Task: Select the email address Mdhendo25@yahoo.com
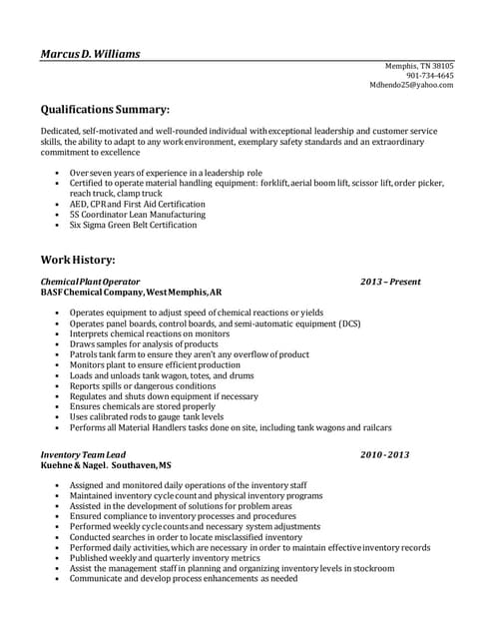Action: pyautogui.click(x=411, y=86)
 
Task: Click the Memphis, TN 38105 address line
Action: pyautogui.click(x=419, y=66)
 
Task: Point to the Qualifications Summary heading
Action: pyautogui.click(x=105, y=109)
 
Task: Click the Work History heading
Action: pyautogui.click(x=78, y=260)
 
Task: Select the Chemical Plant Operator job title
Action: pyautogui.click(x=90, y=283)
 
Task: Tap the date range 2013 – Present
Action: pyautogui.click(x=390, y=283)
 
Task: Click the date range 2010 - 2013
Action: pyautogui.click(x=385, y=455)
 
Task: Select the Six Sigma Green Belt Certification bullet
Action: pyautogui.click(x=133, y=226)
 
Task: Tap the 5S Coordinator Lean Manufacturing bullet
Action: pyautogui.click(x=137, y=215)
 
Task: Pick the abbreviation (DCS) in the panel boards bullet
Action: pyautogui.click(x=349, y=324)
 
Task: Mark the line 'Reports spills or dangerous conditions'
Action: pyautogui.click(x=142, y=386)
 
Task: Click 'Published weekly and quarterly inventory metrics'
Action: pyautogui.click(x=164, y=557)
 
